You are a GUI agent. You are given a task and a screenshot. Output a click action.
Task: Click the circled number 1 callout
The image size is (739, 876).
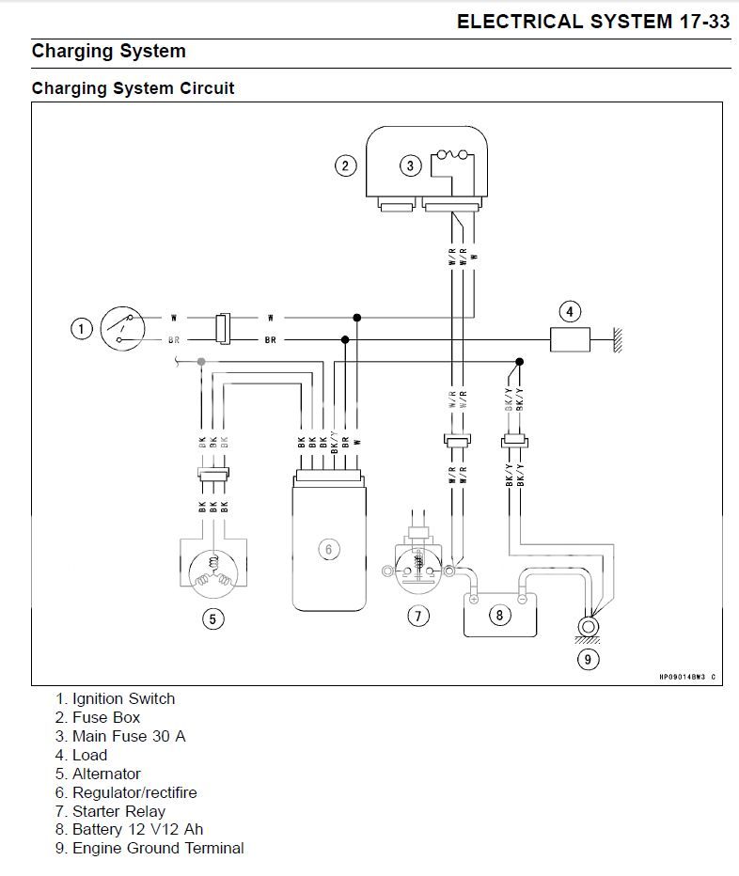click(83, 328)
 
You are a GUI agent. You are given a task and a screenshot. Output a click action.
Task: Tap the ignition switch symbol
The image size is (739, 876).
click(122, 328)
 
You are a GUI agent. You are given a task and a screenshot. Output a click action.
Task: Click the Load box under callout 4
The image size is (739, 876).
click(570, 339)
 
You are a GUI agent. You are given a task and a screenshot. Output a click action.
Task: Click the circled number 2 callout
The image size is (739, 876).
click(346, 166)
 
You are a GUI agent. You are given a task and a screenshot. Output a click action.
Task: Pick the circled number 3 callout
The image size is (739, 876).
click(410, 166)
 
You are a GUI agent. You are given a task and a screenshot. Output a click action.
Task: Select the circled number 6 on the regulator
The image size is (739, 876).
click(328, 549)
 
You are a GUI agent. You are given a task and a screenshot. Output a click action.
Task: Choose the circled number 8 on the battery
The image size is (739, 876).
click(499, 616)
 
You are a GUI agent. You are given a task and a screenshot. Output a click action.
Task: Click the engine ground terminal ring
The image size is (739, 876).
click(589, 625)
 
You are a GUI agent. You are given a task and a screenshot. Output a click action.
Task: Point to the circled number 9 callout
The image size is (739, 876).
click(587, 659)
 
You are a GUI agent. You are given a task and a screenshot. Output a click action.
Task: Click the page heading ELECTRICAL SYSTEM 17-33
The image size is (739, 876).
click(592, 23)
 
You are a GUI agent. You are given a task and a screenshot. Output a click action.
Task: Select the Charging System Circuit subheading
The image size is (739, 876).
click(133, 88)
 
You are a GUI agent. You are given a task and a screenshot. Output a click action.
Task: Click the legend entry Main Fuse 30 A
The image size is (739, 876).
click(128, 736)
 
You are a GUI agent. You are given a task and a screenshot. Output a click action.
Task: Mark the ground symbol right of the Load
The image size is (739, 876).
click(618, 340)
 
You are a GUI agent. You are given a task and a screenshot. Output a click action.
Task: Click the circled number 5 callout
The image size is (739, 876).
click(214, 619)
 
